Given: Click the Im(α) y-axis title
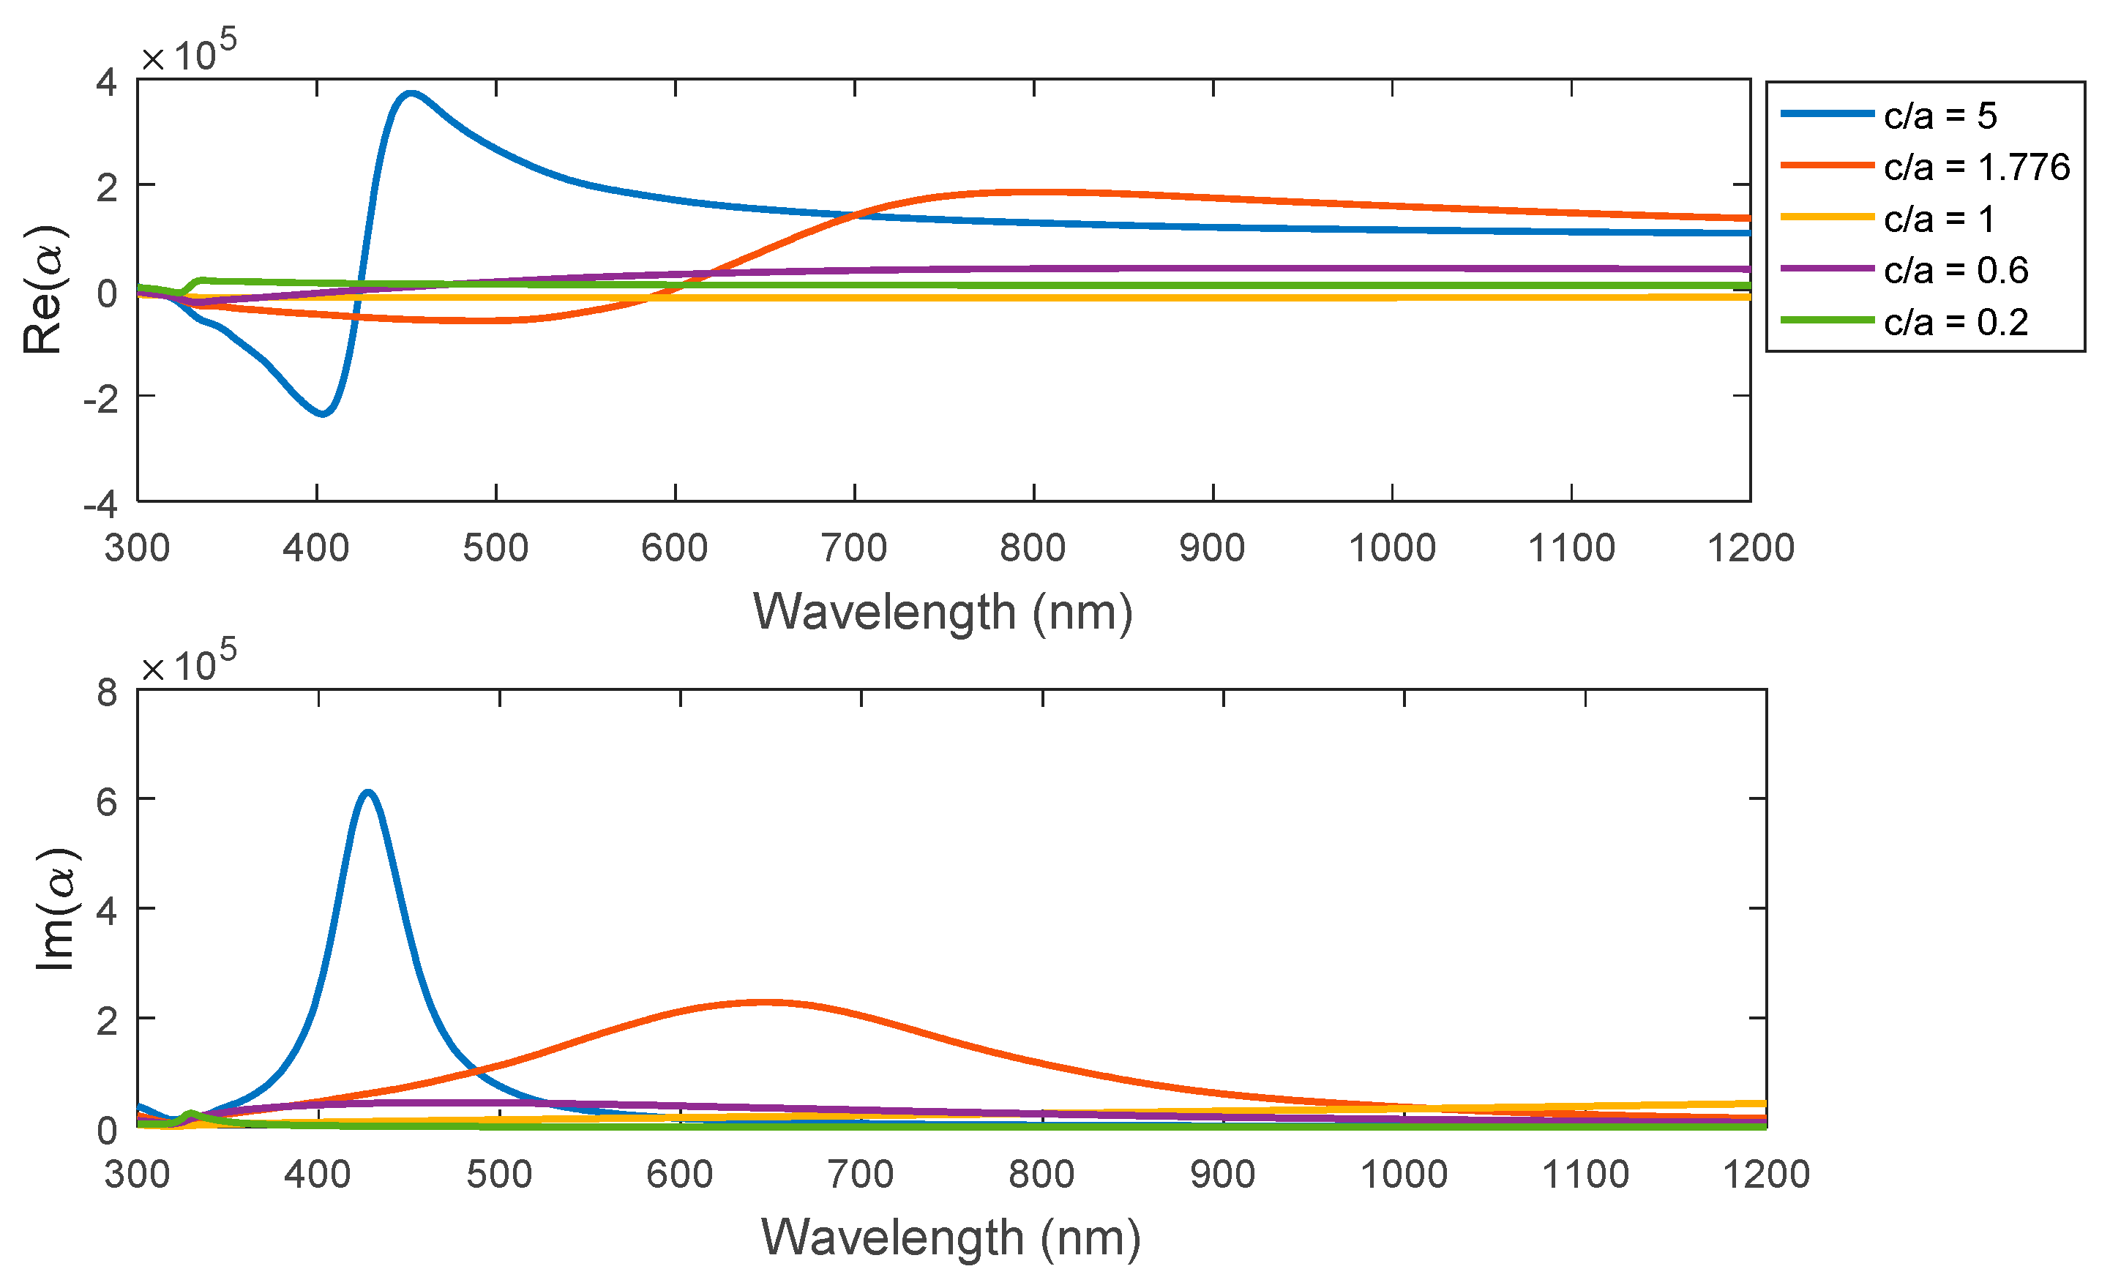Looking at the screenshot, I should coord(56,910).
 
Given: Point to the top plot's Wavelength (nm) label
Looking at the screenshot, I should coord(942,613).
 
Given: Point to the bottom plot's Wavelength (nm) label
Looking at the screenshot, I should coord(951,1238).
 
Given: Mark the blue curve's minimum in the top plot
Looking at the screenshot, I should coord(323,414).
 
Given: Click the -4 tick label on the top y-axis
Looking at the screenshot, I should coord(101,504).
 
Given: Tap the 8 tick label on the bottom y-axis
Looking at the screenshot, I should coord(107,692).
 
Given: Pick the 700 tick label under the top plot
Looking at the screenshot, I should coord(854,548).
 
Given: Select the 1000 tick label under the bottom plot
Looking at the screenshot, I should coord(1404,1174).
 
